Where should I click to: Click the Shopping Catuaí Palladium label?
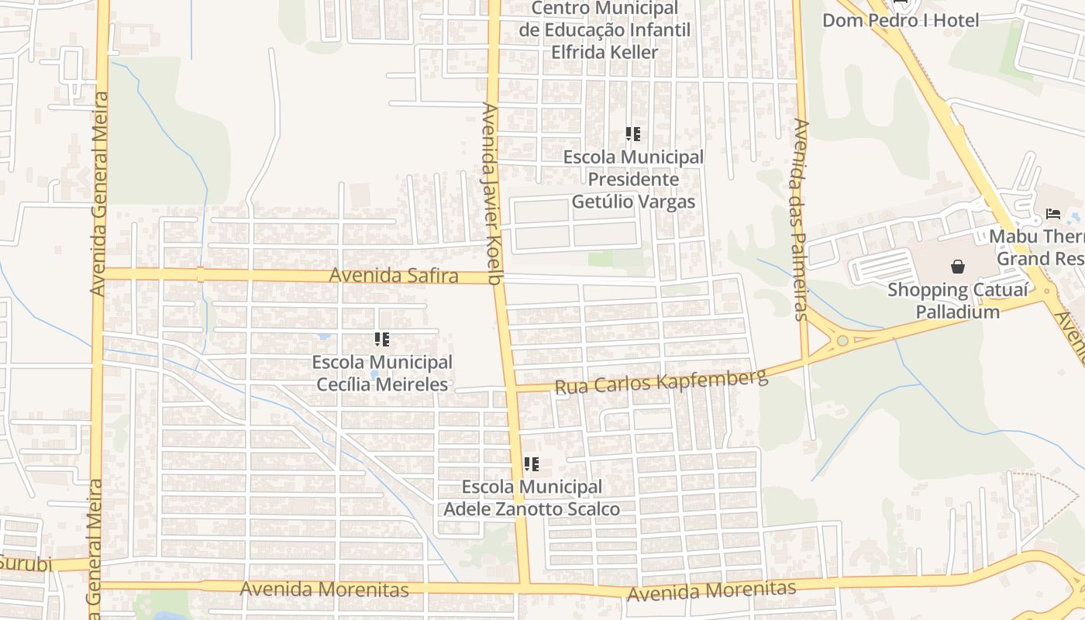point(958,301)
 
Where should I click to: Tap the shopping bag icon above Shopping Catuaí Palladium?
point(958,267)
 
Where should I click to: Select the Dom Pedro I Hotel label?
point(901,20)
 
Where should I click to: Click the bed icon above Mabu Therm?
point(1052,213)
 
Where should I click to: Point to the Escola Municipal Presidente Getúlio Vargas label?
point(633,179)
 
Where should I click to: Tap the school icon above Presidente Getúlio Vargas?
point(633,134)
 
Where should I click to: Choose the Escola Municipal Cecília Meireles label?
point(382,373)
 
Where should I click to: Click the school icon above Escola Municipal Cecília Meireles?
point(382,339)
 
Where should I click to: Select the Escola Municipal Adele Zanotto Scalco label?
point(532,498)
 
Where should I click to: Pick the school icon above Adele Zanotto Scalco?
point(531,464)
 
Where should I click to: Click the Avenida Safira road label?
point(394,276)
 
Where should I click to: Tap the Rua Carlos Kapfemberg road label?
point(661,382)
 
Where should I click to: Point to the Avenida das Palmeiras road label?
point(801,219)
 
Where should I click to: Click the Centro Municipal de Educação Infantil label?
point(604,30)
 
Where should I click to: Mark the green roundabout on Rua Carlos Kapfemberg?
point(842,340)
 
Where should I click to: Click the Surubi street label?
point(25,563)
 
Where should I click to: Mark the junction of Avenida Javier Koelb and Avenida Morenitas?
point(525,587)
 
